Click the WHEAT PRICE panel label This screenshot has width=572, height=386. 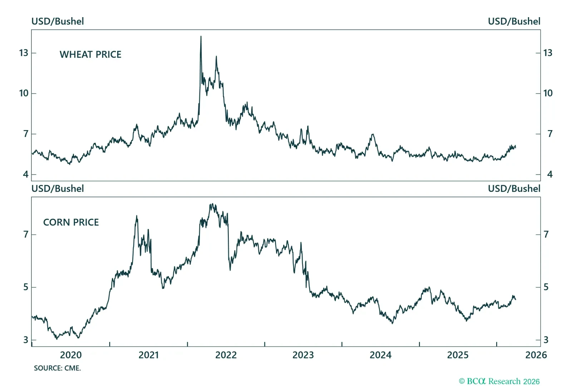point(90,54)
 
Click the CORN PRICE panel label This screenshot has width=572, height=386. point(71,222)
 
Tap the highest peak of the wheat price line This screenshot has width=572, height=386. point(201,36)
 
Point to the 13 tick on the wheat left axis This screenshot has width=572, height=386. point(24,53)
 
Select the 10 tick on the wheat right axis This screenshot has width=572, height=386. point(548,93)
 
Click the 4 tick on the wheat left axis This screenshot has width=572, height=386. point(25,174)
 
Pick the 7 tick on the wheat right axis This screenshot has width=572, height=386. point(550,134)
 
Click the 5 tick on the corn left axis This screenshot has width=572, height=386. point(26,287)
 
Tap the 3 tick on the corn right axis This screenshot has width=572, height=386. point(546,340)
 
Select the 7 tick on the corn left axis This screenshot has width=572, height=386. point(26,234)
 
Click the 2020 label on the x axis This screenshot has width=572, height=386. point(71,355)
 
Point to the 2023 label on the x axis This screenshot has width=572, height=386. point(303,355)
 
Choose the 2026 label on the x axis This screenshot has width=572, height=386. point(536,355)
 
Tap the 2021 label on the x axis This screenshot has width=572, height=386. point(149,355)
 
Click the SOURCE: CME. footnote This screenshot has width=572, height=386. point(57,368)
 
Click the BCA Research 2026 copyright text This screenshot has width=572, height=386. point(499,381)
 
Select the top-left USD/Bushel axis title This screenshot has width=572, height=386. point(58,21)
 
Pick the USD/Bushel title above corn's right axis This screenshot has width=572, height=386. point(514,189)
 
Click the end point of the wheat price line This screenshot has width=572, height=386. point(516,147)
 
